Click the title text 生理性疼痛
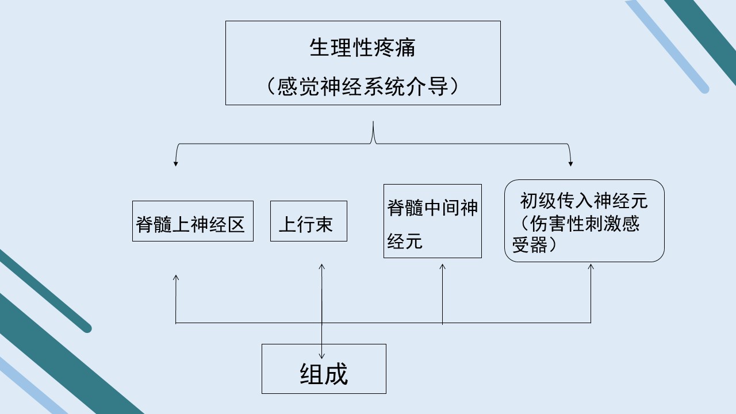pyautogui.click(x=362, y=48)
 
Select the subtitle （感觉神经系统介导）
pyautogui.click(x=363, y=86)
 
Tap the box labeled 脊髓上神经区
pyautogui.click(x=193, y=221)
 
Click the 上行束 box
pyautogui.click(x=309, y=221)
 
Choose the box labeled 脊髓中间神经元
pyautogui.click(x=432, y=221)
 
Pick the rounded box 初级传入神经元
pyautogui.click(x=584, y=221)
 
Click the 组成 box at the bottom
pyautogui.click(x=324, y=369)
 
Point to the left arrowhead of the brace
pyautogui.click(x=176, y=164)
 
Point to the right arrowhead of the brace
pyautogui.click(x=570, y=164)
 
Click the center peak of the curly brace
pyautogui.click(x=373, y=122)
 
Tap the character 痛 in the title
pyautogui.click(x=405, y=48)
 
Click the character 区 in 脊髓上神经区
pyautogui.click(x=236, y=225)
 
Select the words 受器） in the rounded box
pyautogui.click(x=535, y=244)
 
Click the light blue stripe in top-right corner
pyautogui.click(x=667, y=46)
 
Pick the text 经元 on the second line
pyautogui.click(x=404, y=241)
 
